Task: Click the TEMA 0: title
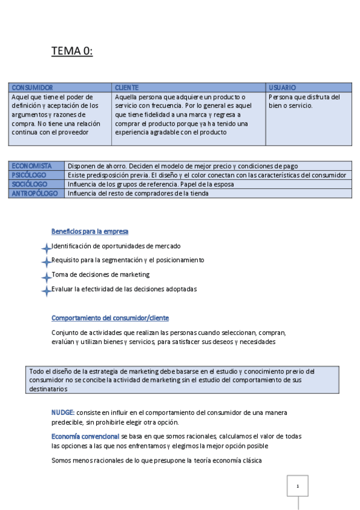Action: (72, 52)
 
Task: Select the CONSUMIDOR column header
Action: (32, 88)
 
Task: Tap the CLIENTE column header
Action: (126, 88)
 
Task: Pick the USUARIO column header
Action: (282, 88)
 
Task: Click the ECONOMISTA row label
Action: (32, 166)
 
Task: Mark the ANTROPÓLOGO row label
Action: (35, 194)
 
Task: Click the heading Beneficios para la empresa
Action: (90, 232)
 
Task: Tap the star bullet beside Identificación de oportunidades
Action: (46, 248)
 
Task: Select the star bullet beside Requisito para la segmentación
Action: (46, 262)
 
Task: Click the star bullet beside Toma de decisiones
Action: (46, 277)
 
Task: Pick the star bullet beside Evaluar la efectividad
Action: (46, 291)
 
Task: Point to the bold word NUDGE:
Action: (63, 413)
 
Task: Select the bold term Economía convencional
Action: (85, 436)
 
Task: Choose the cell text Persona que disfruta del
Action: (304, 97)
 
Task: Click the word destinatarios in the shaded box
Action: (48, 389)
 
